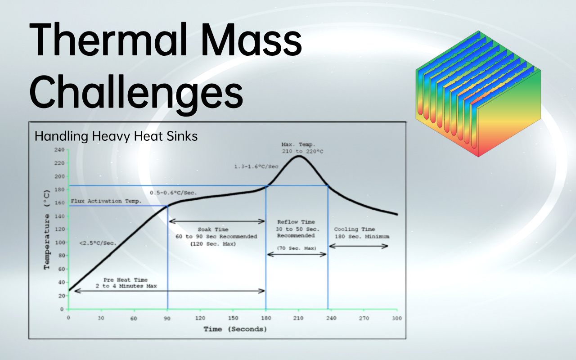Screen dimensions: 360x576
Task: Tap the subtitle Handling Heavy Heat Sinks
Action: [116, 136]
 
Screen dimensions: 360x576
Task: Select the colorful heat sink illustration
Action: [477, 94]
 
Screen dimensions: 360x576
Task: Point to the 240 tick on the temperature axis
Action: [59, 150]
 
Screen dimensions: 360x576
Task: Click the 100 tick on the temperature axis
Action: [59, 243]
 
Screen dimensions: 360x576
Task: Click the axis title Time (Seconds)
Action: [235, 329]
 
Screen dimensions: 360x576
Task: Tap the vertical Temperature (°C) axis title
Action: [47, 235]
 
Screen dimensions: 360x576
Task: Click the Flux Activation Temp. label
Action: [106, 201]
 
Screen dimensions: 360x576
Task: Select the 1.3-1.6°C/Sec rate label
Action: [256, 166]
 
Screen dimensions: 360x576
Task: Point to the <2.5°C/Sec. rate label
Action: [98, 243]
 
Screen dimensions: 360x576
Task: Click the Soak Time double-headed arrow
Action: [216, 221]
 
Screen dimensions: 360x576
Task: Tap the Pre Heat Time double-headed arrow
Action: [170, 291]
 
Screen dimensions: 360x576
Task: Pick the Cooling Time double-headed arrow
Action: [359, 246]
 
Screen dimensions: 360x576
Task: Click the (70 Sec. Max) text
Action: [297, 248]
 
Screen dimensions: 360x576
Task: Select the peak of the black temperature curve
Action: [298, 156]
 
